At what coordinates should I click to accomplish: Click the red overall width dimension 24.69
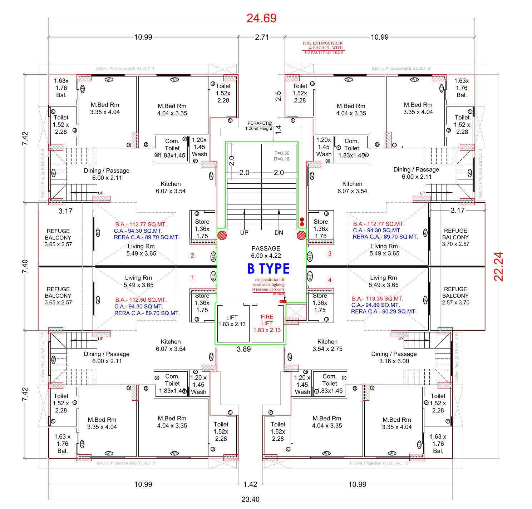(261, 18)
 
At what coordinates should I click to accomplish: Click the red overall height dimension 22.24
(498, 266)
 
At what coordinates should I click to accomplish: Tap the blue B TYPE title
(269, 269)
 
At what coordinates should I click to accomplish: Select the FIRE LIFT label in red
(267, 323)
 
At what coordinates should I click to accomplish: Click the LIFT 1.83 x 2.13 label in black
(232, 321)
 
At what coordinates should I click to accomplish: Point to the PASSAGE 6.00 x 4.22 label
(266, 252)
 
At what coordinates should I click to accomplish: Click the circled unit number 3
(330, 254)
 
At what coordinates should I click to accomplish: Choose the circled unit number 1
(192, 278)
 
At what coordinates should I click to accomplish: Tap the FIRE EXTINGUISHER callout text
(323, 48)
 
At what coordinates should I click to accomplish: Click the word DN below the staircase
(279, 233)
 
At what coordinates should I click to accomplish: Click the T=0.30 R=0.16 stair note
(282, 156)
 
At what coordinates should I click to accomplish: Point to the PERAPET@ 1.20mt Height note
(259, 126)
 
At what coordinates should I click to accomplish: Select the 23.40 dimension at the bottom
(250, 499)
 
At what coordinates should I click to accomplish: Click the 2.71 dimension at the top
(262, 37)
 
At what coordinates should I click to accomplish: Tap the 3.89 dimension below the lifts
(244, 349)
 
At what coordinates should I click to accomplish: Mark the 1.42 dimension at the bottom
(250, 484)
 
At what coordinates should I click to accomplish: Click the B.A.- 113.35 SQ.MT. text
(377, 298)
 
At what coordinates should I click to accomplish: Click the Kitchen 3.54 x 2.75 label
(327, 345)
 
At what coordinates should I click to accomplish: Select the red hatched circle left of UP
(222, 235)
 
